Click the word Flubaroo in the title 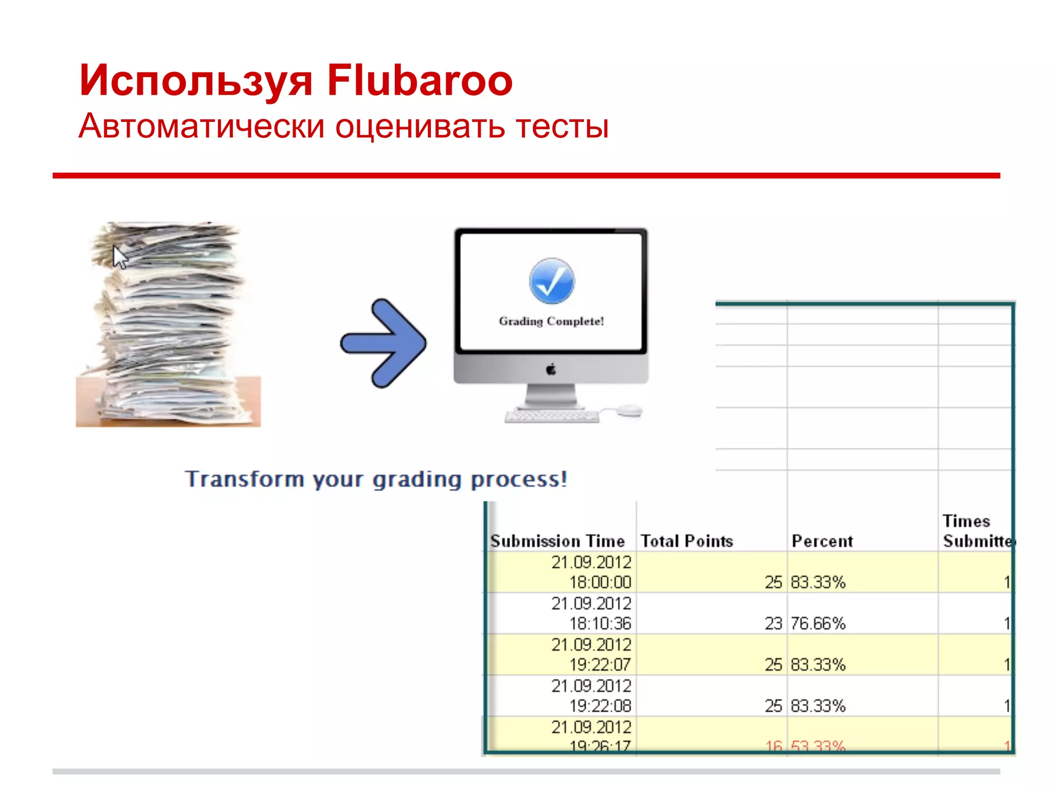(x=420, y=80)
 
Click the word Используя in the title (x=196, y=81)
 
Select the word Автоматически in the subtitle (x=202, y=126)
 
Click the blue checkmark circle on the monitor (x=552, y=281)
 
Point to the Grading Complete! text (x=551, y=321)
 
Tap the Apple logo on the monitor (x=551, y=369)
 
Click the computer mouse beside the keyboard (x=629, y=410)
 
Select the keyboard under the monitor (x=552, y=416)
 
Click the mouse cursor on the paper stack (x=120, y=257)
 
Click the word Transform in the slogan (x=245, y=479)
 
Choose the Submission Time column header (x=558, y=541)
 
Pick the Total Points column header (x=687, y=541)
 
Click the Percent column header (x=822, y=541)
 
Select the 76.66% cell (x=818, y=623)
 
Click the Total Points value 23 (x=773, y=623)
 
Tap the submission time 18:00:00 (x=600, y=582)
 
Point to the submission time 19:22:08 (x=600, y=706)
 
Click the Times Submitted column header (x=975, y=531)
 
